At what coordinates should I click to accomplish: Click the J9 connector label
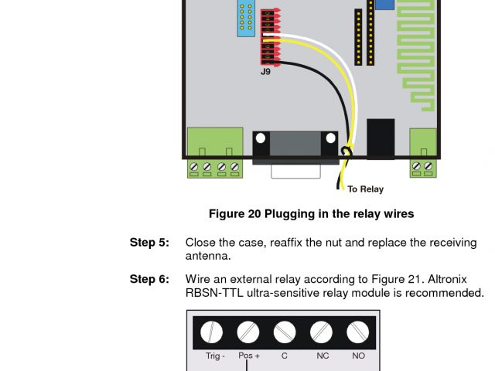click(x=266, y=72)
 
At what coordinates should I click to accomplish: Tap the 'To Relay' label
click(x=365, y=189)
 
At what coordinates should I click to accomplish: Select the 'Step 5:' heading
click(x=148, y=243)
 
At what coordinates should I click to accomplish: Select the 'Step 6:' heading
click(x=148, y=279)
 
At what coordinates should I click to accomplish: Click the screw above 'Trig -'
click(x=211, y=332)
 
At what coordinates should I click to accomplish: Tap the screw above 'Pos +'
click(x=247, y=332)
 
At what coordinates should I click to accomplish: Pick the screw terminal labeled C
click(x=285, y=332)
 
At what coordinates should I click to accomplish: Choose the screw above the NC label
click(x=321, y=332)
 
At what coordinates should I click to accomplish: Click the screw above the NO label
click(x=357, y=332)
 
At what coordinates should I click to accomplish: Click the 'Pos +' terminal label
click(x=248, y=356)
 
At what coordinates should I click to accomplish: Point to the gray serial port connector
click(x=295, y=146)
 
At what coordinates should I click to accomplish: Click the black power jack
click(x=380, y=138)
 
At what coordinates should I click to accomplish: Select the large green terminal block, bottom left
click(x=215, y=152)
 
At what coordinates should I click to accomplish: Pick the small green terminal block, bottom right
click(x=423, y=152)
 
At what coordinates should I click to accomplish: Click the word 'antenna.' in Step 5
click(x=208, y=256)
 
